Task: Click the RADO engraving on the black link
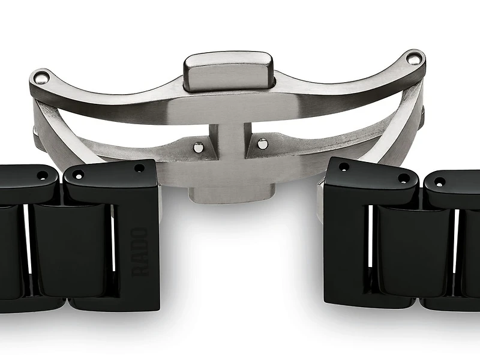[x=140, y=251]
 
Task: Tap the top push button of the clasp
[x=228, y=71]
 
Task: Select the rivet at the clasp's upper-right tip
[x=412, y=59]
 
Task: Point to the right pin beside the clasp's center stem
[x=262, y=143]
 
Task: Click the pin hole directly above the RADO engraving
[x=139, y=169]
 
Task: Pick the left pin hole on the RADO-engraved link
[x=77, y=176]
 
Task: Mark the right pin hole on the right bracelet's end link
[x=403, y=178]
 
